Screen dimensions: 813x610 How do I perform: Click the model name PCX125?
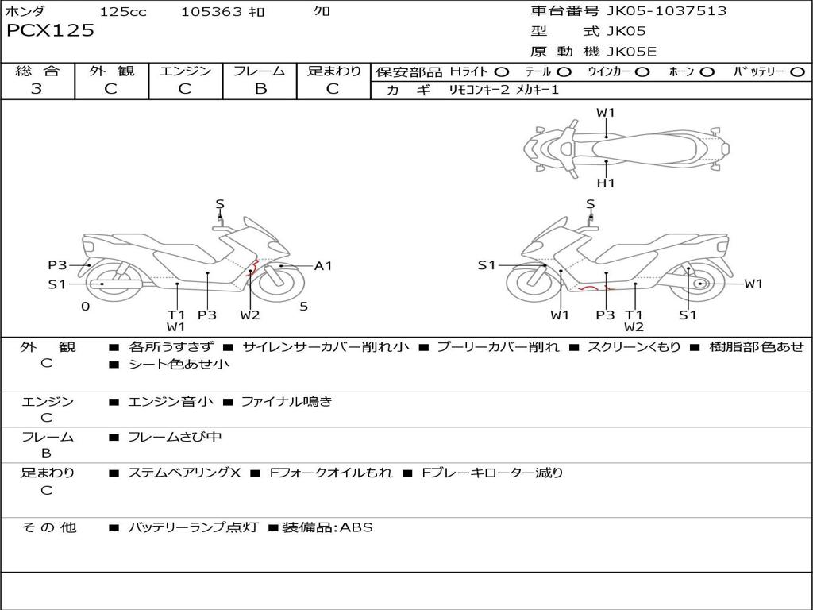50,30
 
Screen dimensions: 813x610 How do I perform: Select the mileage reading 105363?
211,11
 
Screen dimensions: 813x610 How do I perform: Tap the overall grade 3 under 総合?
37,88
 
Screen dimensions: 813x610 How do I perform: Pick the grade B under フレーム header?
260,89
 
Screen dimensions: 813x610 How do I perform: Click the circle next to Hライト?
502,72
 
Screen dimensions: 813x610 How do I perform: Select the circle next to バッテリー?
797,72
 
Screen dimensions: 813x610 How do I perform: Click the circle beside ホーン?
707,72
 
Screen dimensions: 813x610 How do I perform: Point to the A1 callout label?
323,266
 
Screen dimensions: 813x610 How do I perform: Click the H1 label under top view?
606,183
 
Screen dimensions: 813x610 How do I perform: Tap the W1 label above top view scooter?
606,112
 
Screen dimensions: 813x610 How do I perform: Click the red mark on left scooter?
253,268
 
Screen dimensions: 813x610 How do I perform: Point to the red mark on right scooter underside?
595,288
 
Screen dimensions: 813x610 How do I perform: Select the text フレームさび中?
175,438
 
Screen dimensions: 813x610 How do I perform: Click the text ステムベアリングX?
184,473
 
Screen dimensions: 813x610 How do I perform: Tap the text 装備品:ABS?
327,527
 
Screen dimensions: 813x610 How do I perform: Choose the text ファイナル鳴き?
286,401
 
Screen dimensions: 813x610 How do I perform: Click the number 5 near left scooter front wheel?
304,307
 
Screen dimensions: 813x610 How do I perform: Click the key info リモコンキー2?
479,90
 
